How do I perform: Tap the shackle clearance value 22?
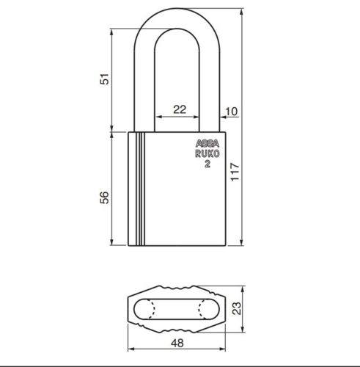[x=179, y=109]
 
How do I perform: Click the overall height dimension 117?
[x=235, y=173]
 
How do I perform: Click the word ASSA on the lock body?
[x=207, y=145]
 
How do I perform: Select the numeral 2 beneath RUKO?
[x=207, y=164]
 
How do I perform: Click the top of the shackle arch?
[x=179, y=14]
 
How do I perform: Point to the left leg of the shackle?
[x=144, y=88]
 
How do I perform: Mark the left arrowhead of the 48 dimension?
[x=131, y=351]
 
